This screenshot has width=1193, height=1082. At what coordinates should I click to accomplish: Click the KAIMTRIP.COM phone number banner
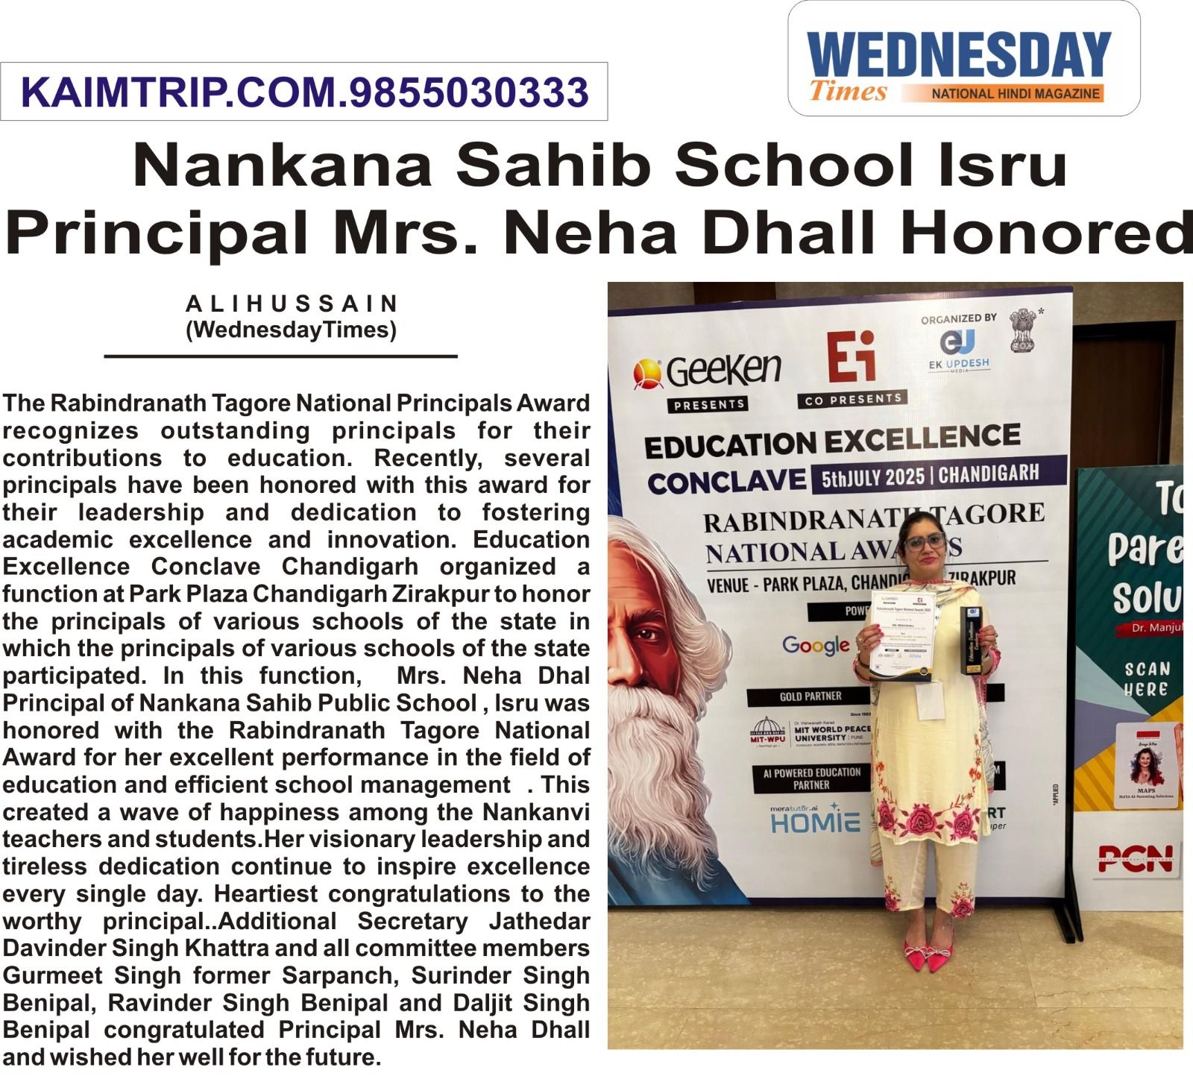click(304, 92)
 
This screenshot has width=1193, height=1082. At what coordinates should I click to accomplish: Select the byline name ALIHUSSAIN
click(292, 303)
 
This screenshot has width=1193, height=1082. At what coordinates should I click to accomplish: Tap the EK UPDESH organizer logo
click(958, 350)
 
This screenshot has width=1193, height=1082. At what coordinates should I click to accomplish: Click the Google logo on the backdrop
click(816, 644)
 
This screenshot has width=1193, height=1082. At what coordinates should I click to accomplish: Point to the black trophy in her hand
click(972, 640)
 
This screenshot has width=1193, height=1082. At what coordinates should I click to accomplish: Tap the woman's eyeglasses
click(925, 542)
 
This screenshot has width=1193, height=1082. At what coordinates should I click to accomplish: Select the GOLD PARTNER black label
click(810, 696)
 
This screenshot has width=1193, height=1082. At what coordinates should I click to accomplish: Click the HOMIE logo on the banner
click(815, 822)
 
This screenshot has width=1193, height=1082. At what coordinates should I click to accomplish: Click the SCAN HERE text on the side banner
click(1147, 679)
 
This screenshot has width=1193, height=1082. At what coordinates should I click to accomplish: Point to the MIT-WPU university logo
click(767, 732)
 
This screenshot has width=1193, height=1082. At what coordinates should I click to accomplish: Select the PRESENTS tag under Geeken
click(708, 404)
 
